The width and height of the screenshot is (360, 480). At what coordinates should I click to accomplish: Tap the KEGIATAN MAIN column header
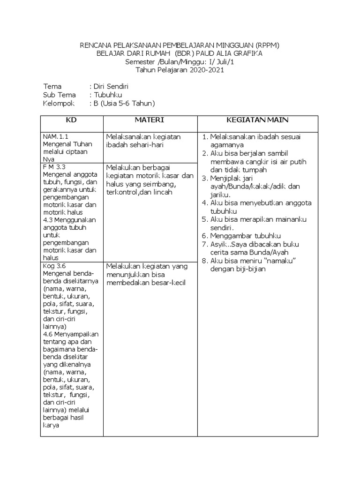(x=257, y=120)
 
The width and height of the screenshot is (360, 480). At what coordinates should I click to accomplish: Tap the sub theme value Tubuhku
(x=107, y=95)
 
